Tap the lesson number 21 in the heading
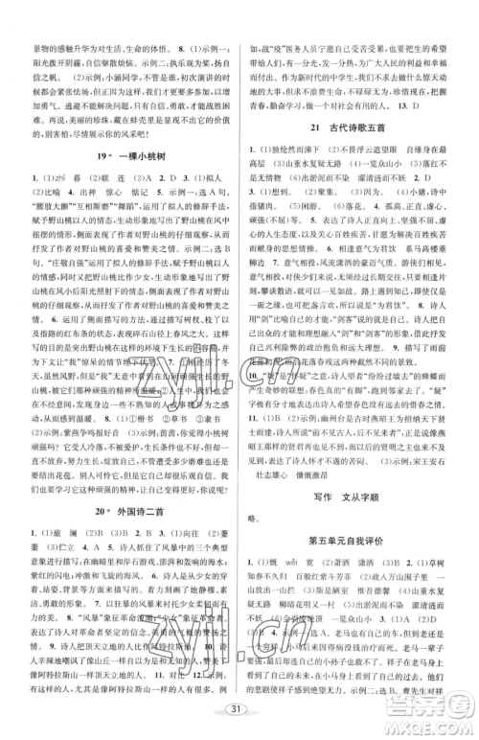[316, 127]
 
